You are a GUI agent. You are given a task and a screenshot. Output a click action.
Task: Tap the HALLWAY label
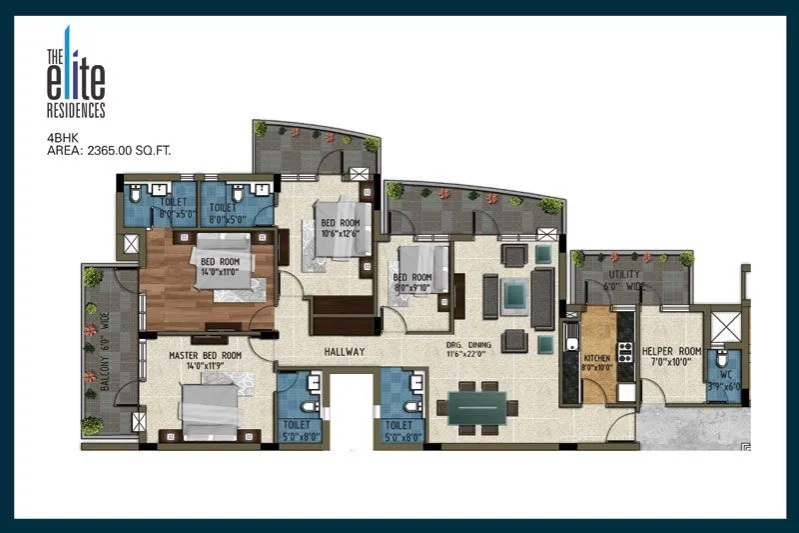(345, 353)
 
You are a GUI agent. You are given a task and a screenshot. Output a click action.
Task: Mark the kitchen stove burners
(626, 352)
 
